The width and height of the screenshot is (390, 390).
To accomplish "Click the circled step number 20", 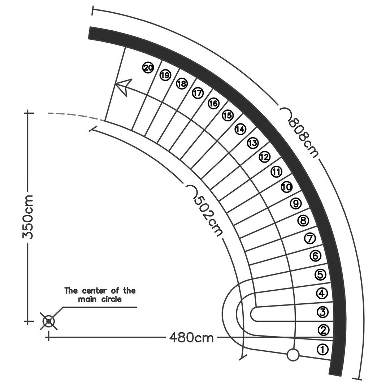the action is click(x=148, y=68).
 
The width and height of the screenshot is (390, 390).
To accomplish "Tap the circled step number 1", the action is click(x=322, y=350).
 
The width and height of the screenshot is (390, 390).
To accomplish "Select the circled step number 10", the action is click(x=287, y=187).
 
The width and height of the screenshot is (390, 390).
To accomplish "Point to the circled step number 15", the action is click(x=227, y=116).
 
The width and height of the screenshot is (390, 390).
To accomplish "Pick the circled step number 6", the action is click(x=315, y=256).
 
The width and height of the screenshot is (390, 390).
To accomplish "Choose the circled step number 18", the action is click(x=182, y=83).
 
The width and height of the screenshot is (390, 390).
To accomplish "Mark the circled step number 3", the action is click(x=322, y=312).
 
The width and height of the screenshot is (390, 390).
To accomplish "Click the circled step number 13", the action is click(x=253, y=143).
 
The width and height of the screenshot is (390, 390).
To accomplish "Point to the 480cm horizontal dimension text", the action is click(x=191, y=338).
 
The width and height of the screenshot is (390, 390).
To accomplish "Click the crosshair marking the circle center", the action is click(x=49, y=321).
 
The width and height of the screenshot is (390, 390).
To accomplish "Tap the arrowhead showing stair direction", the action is click(x=123, y=87).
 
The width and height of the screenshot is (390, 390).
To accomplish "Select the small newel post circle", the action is click(x=293, y=355).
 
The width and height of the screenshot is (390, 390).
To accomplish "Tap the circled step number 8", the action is click(x=303, y=220).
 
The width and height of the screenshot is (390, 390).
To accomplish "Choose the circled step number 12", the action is click(x=264, y=157).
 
